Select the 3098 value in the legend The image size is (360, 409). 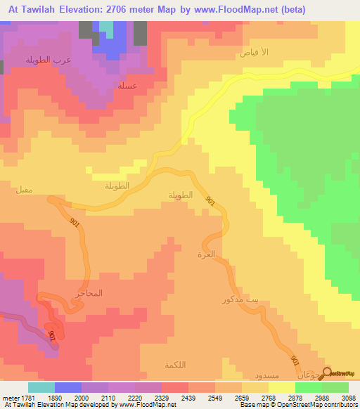(341, 397)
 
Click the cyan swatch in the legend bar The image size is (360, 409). (41, 387)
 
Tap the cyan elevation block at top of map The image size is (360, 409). (105, 29)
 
